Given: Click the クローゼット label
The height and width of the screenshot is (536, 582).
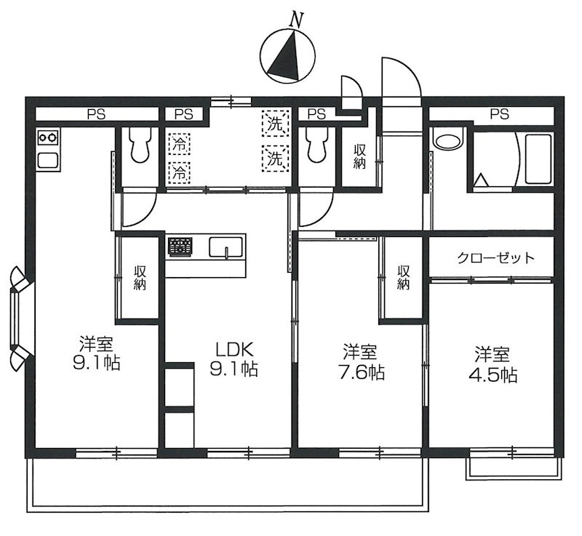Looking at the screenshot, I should (x=496, y=257).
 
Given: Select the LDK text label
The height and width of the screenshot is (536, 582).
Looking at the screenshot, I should (x=232, y=347).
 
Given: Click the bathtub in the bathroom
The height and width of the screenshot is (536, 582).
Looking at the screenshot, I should (x=539, y=159).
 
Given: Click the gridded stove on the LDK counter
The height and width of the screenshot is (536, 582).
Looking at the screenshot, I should (x=180, y=247).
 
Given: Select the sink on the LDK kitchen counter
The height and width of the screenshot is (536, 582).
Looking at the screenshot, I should (x=226, y=248).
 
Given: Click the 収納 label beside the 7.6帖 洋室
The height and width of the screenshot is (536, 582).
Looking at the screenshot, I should (x=404, y=277).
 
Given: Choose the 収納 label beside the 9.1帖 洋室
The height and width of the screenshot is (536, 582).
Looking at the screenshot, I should (x=140, y=277).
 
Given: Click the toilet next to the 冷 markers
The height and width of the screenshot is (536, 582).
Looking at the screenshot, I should (x=137, y=145).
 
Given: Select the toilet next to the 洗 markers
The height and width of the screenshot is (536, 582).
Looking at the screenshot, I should (x=317, y=145).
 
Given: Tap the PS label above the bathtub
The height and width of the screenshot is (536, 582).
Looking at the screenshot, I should (x=498, y=113).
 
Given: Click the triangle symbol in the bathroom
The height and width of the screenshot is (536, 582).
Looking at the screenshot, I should (x=481, y=179).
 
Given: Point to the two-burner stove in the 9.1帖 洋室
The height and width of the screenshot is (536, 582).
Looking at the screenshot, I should (x=47, y=136).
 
